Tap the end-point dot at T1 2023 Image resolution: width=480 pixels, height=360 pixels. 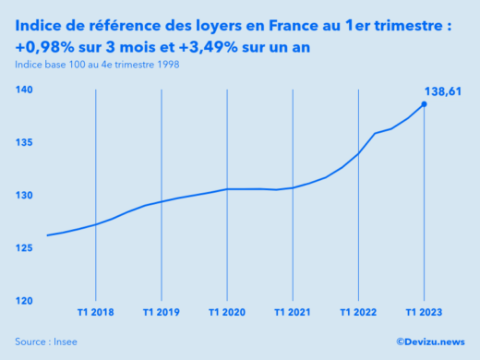click(424, 104)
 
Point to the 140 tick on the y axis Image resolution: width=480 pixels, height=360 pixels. click(24, 90)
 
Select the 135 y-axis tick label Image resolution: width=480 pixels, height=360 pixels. click(24, 143)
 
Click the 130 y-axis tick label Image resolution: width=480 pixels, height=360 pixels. click(24, 196)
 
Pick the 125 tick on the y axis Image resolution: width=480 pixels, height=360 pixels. click(24, 248)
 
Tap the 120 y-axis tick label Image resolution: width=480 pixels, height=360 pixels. click(24, 301)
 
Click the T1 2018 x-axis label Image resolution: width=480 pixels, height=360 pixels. click(96, 313)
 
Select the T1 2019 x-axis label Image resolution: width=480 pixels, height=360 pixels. click(162, 313)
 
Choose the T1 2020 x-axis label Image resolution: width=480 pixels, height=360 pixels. click(227, 313)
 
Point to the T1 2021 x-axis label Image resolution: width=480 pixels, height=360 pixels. click(293, 313)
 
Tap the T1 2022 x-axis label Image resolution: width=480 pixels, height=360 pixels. click(358, 313)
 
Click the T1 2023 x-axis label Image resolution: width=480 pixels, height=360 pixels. click(424, 313)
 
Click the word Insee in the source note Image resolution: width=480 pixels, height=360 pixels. click(65, 342)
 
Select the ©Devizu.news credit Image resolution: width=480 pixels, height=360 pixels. click(430, 342)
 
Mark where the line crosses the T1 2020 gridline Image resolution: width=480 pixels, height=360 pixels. click(227, 189)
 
